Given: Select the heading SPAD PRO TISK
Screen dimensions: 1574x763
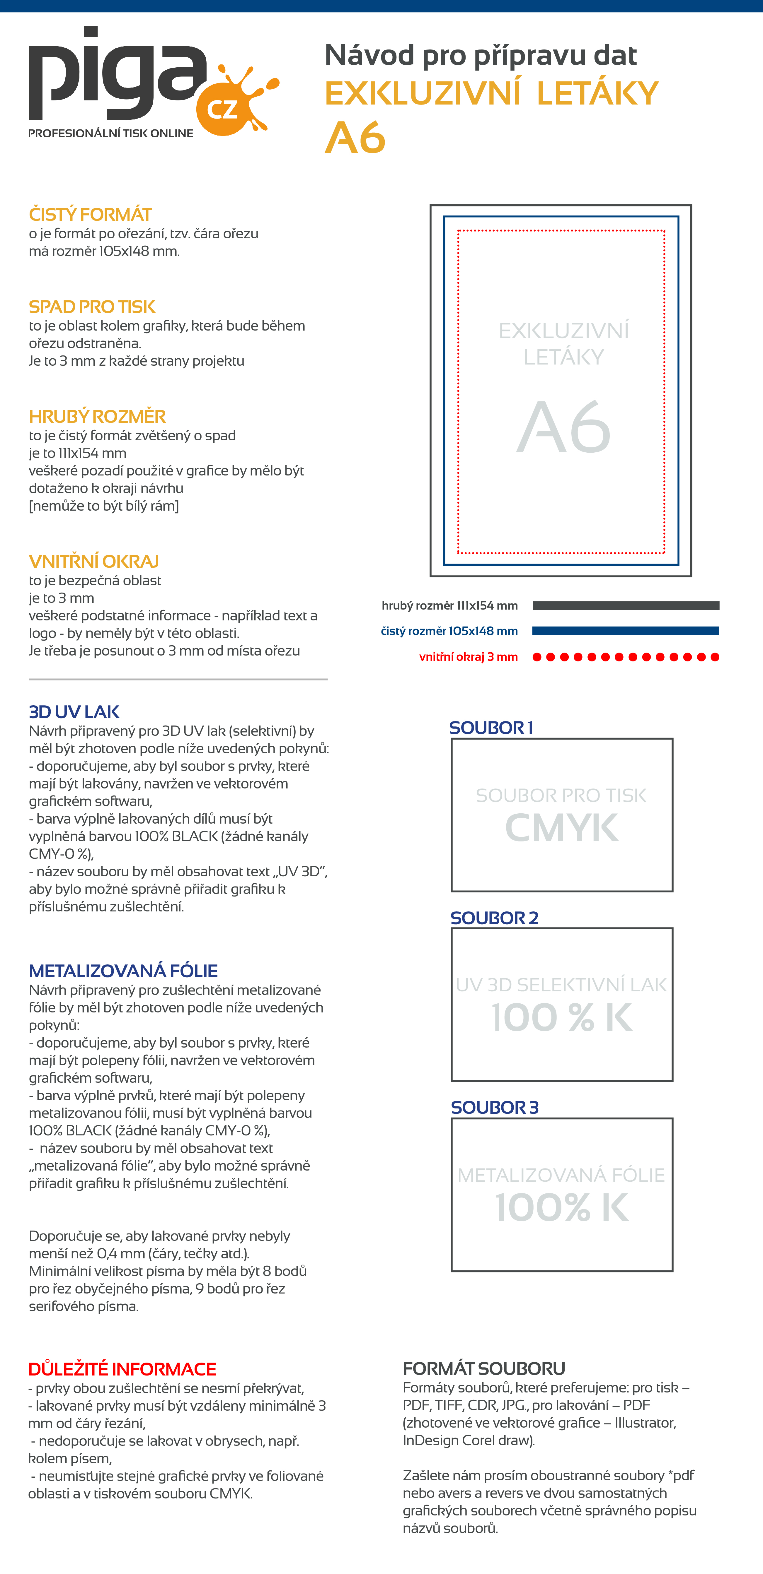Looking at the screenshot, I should [92, 307].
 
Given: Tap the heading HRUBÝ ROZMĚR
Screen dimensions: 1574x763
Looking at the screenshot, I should [97, 417].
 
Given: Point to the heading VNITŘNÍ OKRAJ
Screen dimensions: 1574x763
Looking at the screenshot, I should [93, 562].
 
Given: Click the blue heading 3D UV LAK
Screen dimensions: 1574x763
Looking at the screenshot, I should [74, 712].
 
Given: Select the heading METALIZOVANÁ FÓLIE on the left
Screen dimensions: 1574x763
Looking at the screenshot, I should [123, 971].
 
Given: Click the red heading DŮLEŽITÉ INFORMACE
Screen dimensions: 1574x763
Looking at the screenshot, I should [122, 1369].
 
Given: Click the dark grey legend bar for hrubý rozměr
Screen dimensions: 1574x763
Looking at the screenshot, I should [626, 605].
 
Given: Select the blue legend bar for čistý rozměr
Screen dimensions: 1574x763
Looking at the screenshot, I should [626, 631].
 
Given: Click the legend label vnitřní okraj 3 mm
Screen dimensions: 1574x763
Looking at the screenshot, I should [468, 657].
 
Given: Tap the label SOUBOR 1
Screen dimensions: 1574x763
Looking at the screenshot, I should [491, 728].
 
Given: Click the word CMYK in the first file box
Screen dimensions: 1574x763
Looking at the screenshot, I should [562, 828].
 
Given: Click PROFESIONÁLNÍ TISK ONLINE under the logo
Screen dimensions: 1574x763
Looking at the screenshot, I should [111, 133].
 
